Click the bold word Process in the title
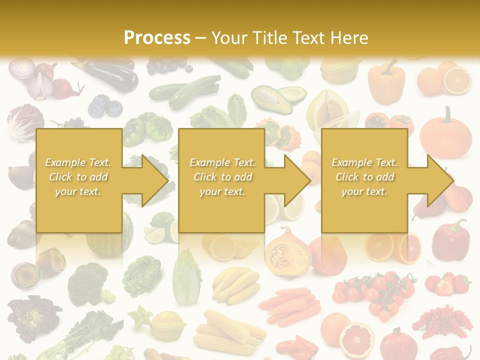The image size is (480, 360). point(157,38)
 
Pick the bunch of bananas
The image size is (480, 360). point(235,283)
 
